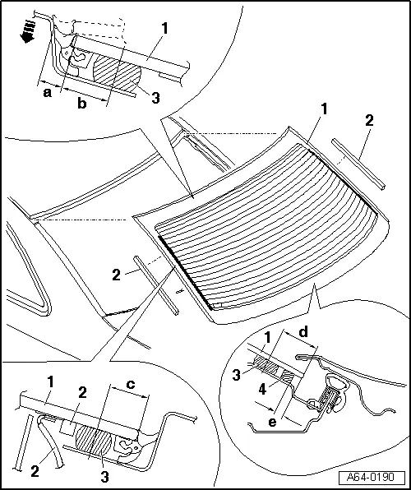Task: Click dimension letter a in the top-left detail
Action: pos(46,94)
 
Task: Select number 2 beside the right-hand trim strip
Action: pos(369,121)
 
